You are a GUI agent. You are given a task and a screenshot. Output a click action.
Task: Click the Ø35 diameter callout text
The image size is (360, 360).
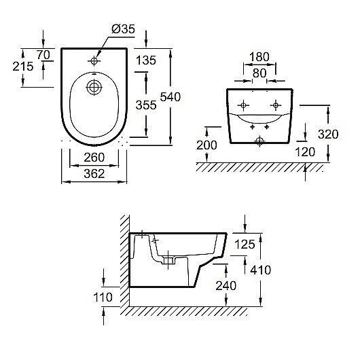(x=124, y=29)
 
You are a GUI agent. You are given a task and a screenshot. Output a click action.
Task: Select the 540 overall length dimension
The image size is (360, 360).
(x=170, y=97)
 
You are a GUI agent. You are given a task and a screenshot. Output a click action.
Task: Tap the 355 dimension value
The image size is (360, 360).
(x=146, y=105)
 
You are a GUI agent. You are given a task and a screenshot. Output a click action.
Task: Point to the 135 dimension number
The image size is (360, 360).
(x=146, y=60)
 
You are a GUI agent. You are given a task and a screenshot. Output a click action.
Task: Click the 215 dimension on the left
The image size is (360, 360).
(x=23, y=67)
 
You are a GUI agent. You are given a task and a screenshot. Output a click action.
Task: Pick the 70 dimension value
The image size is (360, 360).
(x=43, y=55)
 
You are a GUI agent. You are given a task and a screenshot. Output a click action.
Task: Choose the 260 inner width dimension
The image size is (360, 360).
(x=94, y=158)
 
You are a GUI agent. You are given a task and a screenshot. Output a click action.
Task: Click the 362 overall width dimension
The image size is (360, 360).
(x=94, y=174)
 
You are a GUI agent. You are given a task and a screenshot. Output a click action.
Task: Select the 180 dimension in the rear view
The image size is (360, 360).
(x=259, y=57)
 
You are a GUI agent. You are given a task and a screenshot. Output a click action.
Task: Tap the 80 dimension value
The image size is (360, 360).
(x=259, y=73)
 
